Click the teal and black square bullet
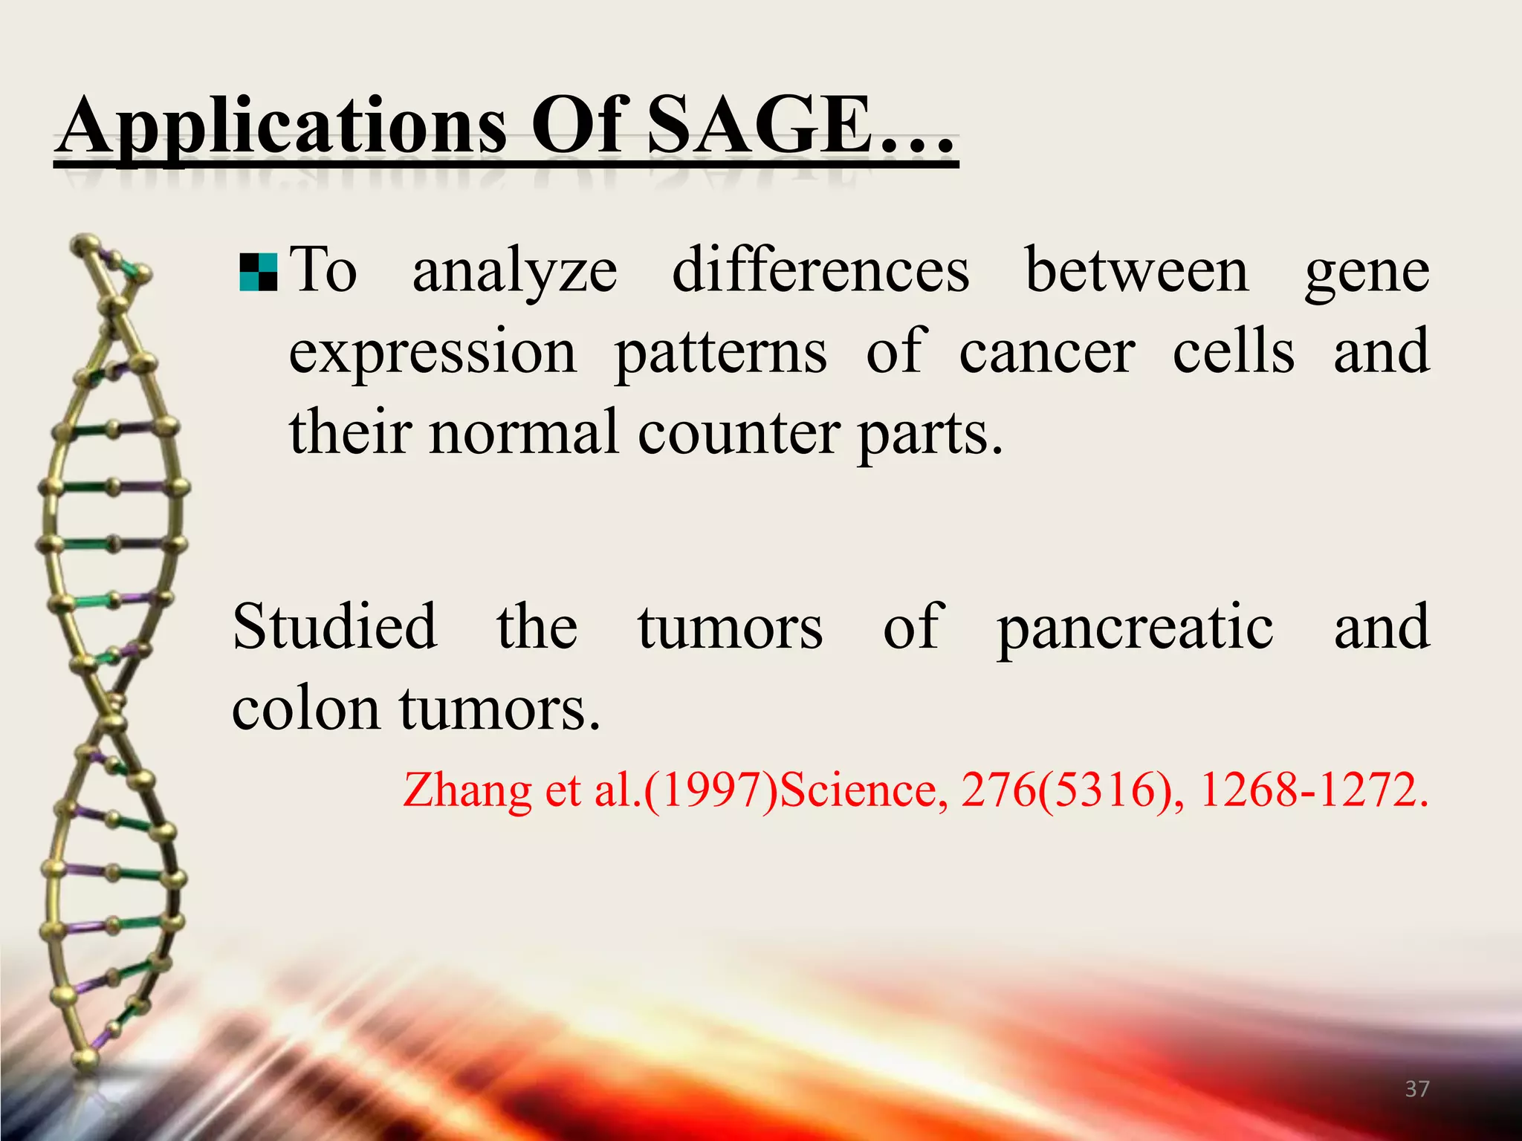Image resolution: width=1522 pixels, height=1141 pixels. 259,272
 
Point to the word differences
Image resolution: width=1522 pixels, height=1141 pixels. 820,270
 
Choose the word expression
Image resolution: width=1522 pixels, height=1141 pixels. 433,354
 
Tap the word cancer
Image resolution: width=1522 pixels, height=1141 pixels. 1046,352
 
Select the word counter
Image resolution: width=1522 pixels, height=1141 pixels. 739,434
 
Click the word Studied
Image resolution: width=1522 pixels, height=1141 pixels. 334,627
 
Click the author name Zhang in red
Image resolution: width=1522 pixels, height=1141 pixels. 467,790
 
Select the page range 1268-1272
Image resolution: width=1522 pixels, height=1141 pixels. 1312,790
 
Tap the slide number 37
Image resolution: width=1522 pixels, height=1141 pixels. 1417,1089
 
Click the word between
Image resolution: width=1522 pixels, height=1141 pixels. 1137,270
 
